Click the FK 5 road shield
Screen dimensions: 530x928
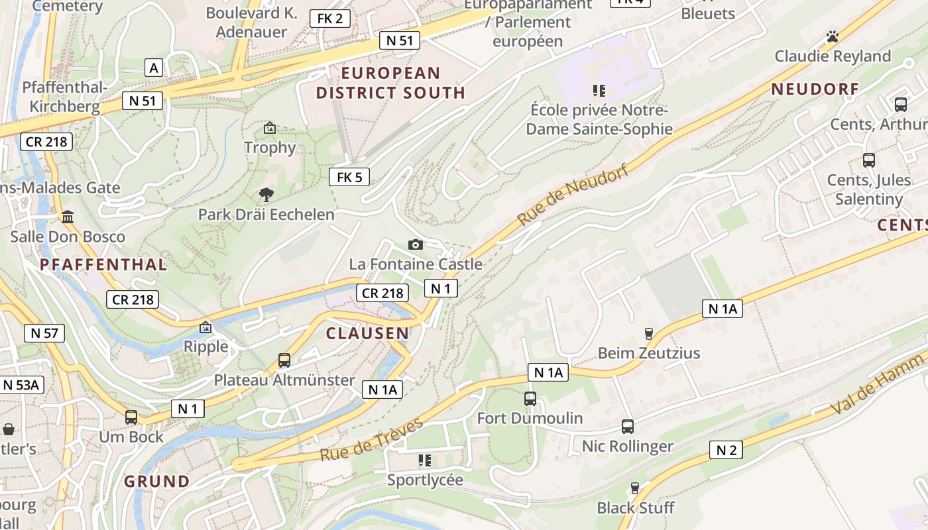[349, 177]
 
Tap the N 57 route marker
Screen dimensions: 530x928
[44, 333]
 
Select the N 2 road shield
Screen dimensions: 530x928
[726, 450]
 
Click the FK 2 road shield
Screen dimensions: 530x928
[330, 19]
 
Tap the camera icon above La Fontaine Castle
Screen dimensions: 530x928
[416, 245]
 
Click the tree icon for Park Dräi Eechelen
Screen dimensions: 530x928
[266, 195]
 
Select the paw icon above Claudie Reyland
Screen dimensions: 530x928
[833, 36]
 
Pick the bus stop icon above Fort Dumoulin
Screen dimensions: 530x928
[530, 399]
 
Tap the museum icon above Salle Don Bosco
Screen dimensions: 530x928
[67, 217]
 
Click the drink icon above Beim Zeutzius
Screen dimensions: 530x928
[649, 334]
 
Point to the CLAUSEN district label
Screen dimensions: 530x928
[367, 333]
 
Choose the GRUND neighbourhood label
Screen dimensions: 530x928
[157, 481]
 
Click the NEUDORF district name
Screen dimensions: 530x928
[815, 89]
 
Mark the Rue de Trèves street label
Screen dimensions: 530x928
[371, 440]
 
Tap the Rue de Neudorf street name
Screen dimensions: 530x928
[573, 195]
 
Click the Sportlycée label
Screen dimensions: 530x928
[425, 480]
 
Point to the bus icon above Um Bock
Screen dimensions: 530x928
[131, 417]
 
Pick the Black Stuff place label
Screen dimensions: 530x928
[635, 508]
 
